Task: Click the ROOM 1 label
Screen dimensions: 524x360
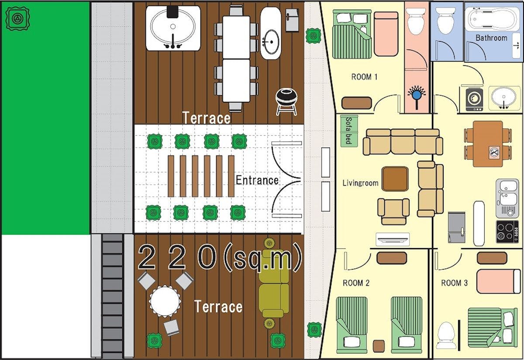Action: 364,77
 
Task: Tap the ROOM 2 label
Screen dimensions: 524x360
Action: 356,283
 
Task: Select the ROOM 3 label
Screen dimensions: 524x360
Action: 454,283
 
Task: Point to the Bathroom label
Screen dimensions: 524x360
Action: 492,38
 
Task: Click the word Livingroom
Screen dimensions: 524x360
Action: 361,183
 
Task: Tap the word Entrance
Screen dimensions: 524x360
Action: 257,180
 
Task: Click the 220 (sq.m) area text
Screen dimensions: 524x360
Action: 219,257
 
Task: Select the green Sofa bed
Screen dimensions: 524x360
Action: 349,131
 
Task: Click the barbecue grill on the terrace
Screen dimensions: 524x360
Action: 286,102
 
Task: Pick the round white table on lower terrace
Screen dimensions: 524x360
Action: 165,301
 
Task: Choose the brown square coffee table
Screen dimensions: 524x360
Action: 395,179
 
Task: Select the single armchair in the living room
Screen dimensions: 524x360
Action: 393,211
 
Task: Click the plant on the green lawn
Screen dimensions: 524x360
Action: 17,19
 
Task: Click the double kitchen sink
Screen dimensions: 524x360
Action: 507,198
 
